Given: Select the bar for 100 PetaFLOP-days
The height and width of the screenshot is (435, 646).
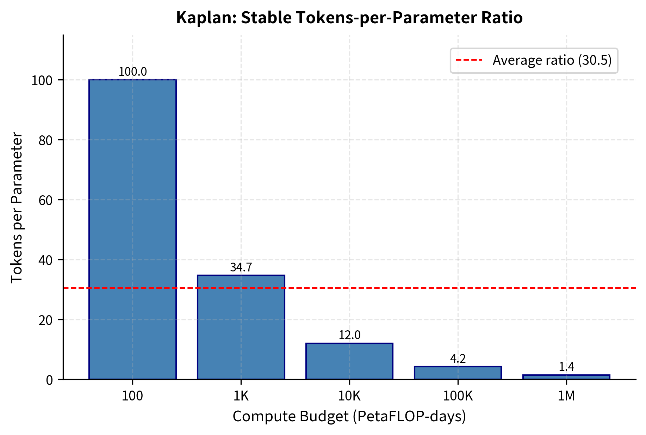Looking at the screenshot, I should (132, 229).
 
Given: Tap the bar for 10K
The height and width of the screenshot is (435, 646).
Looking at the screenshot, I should (349, 361).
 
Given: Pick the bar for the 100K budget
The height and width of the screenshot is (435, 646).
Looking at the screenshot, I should (458, 373).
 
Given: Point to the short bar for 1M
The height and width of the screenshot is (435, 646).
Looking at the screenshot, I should (566, 377).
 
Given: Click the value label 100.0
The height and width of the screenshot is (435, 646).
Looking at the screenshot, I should (132, 72).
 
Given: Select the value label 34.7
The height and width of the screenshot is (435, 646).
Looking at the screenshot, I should (241, 268).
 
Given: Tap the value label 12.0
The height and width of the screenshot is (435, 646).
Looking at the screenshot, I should (349, 335).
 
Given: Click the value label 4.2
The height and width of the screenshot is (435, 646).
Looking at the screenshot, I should (458, 359).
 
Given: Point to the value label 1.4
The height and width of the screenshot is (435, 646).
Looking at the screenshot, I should (566, 367).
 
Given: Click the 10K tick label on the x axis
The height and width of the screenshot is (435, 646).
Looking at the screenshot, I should (349, 397).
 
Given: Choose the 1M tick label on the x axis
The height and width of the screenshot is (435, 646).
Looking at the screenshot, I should (566, 397).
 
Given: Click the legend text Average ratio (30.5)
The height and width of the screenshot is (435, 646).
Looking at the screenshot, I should (552, 61).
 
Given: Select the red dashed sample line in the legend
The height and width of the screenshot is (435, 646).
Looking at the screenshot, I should (469, 61).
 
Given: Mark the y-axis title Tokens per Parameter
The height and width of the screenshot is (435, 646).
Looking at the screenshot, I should (17, 207).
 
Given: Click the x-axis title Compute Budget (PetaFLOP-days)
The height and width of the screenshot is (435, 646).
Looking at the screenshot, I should (349, 417).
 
